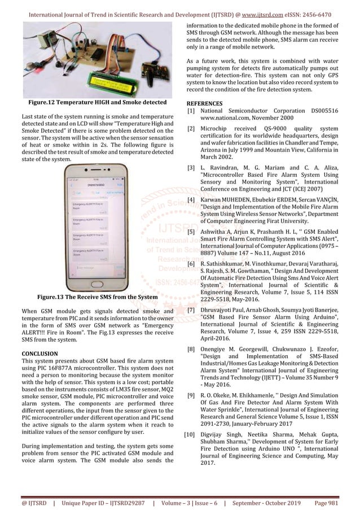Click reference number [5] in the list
(191, 232)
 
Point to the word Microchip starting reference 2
(217, 129)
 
